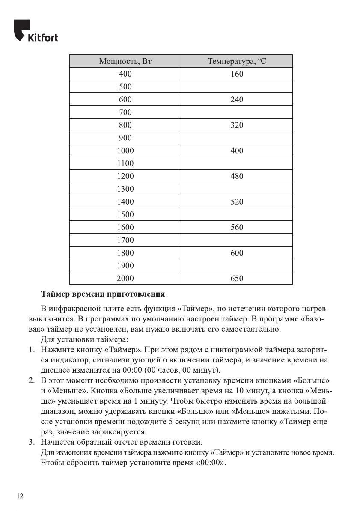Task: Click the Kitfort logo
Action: (x=36, y=31)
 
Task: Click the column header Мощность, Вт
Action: (x=125, y=61)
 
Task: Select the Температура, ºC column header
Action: (x=237, y=61)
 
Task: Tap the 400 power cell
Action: (x=125, y=74)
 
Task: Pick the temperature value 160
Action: (x=237, y=74)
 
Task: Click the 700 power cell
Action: (x=125, y=113)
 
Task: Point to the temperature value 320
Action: (x=237, y=125)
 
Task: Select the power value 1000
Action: (x=125, y=151)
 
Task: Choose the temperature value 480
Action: (x=237, y=176)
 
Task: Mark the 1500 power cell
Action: (x=125, y=214)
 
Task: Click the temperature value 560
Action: (x=237, y=227)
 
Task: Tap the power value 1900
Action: (x=125, y=266)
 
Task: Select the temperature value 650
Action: (x=237, y=279)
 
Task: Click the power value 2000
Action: (x=125, y=279)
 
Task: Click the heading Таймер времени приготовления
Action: (x=103, y=294)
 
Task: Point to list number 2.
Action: (x=31, y=380)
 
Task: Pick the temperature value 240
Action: (x=237, y=100)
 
